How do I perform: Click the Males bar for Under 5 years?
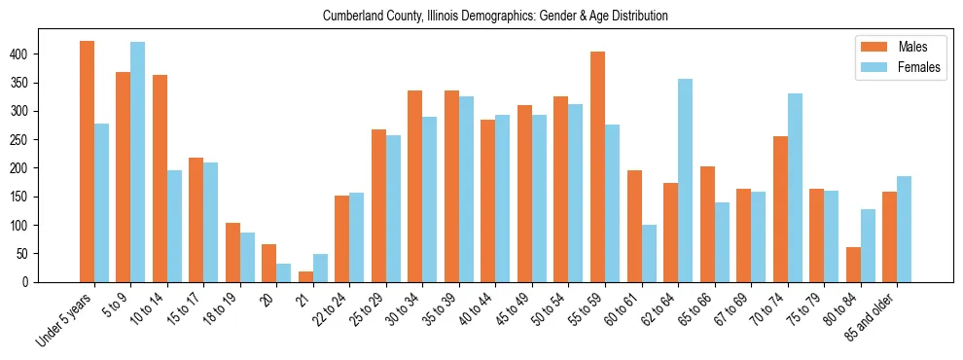87,162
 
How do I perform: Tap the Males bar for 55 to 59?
597,166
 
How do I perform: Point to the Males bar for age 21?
305,276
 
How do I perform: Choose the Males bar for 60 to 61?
634,226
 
